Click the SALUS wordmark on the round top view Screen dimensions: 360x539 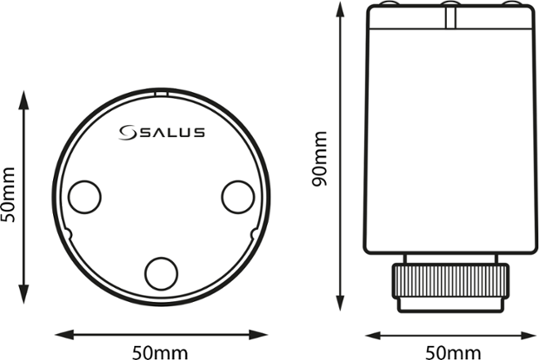[172, 132]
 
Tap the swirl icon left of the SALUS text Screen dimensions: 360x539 [129, 132]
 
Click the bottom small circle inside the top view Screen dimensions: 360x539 [161, 271]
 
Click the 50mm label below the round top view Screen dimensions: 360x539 [162, 352]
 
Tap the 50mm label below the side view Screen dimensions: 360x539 [452, 352]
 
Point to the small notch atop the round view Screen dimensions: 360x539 [161, 95]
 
